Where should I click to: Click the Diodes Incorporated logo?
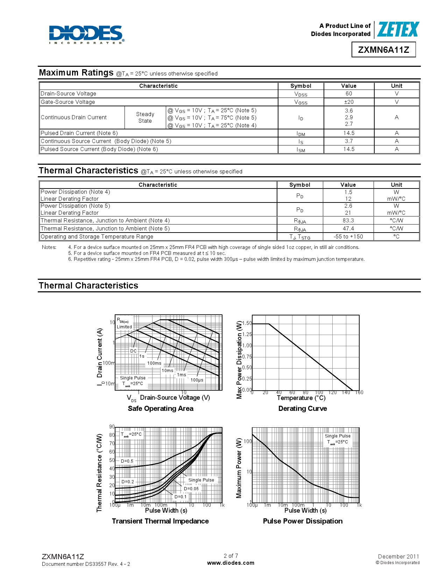click(86, 34)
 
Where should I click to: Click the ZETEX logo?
click(398, 29)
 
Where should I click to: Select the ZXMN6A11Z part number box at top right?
click(383, 50)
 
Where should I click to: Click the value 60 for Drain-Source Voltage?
click(349, 94)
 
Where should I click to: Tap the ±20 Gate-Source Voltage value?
click(349, 102)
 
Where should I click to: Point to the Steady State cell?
click(145, 117)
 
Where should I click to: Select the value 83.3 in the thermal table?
click(348, 221)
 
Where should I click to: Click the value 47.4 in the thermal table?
click(348, 229)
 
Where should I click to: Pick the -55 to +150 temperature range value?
click(348, 237)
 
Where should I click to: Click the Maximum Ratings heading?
click(76, 73)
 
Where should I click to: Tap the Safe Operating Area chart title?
click(161, 408)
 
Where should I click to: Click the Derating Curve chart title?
click(303, 408)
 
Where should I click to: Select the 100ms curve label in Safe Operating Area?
click(154, 363)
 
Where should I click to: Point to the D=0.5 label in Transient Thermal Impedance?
click(127, 461)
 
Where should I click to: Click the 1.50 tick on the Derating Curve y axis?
click(247, 323)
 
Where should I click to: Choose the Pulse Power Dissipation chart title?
click(303, 521)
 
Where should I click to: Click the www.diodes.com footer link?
click(231, 563)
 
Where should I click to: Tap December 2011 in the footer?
click(398, 556)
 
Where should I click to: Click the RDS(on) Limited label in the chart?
click(124, 323)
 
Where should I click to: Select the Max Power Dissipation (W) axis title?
click(239, 360)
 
